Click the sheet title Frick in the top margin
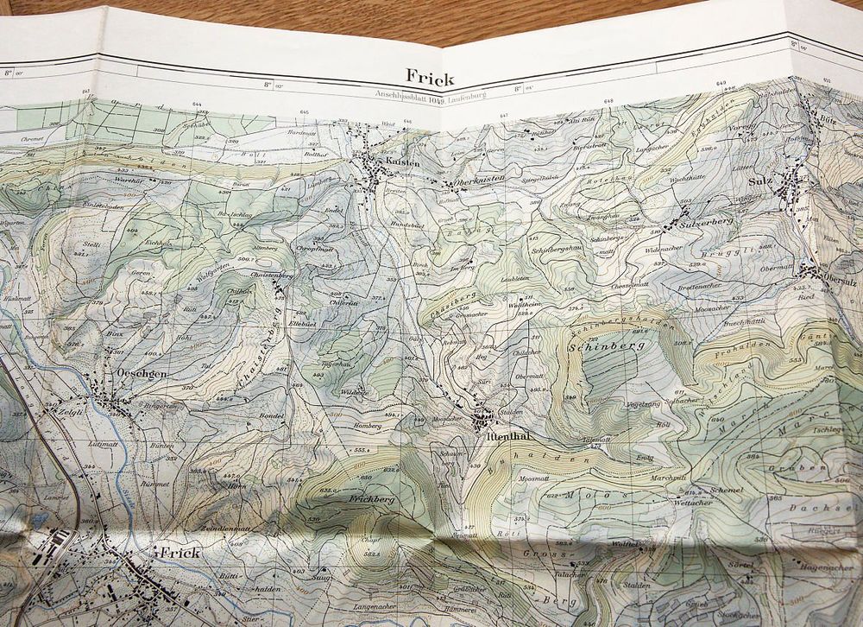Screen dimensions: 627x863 (430, 76)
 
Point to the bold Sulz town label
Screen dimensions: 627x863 (759, 182)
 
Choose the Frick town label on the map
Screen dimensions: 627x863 (179, 552)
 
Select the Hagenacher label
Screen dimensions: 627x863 (826, 567)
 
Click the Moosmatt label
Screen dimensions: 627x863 (533, 478)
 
